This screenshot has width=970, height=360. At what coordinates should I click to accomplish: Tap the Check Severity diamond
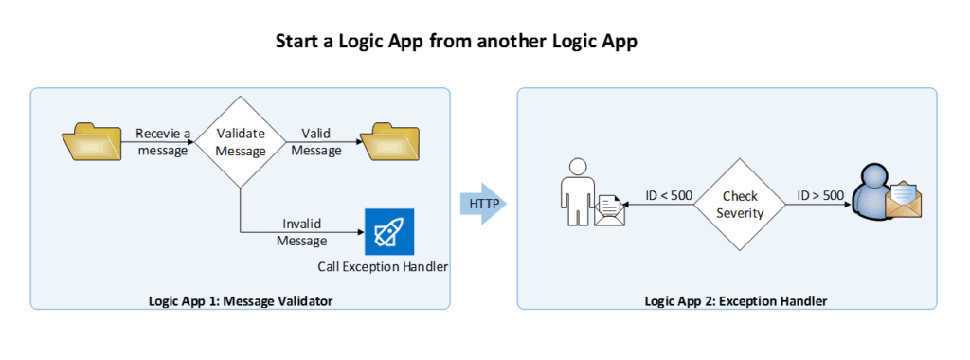(740, 204)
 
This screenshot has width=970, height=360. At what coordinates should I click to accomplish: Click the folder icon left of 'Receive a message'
(91, 141)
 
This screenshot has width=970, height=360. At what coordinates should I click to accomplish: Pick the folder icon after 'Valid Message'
(396, 141)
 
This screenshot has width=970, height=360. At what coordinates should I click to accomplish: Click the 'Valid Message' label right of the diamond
(316, 141)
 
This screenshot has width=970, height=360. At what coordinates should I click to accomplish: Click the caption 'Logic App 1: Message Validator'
(240, 301)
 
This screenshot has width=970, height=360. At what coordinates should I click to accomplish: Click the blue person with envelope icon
(876, 193)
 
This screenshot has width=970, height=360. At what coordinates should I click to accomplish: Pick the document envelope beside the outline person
(607, 209)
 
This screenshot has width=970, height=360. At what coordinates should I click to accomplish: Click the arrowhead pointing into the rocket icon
(359, 232)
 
